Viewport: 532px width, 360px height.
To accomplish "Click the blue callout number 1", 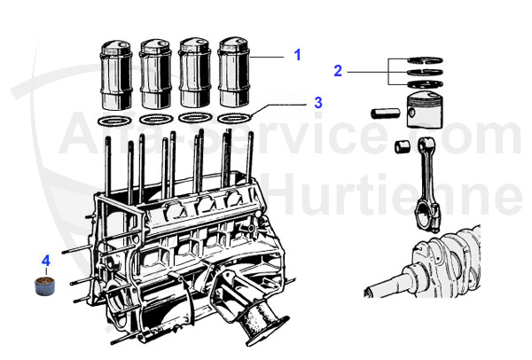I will tap(298, 55).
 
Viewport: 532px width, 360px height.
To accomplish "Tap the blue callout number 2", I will tap(338, 70).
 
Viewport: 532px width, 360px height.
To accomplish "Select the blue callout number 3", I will tap(317, 102).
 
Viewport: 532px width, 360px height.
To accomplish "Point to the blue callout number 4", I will tap(46, 261).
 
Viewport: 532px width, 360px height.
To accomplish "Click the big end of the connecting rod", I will tap(426, 217).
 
